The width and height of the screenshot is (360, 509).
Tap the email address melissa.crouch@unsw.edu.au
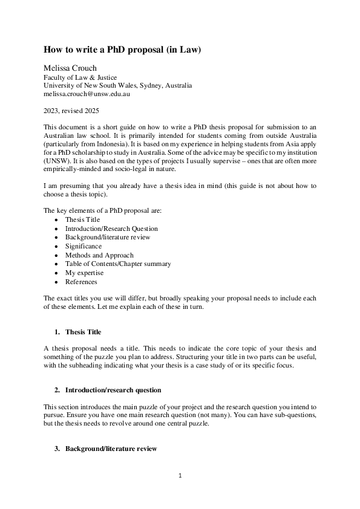click(x=87, y=94)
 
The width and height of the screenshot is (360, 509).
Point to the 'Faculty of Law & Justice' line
click(x=80, y=77)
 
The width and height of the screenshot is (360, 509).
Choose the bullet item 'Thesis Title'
click(x=82, y=219)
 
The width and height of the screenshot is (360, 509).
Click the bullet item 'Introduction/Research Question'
click(x=111, y=229)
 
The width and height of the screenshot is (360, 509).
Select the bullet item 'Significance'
click(x=83, y=246)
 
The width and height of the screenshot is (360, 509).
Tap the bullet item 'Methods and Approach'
click(x=99, y=255)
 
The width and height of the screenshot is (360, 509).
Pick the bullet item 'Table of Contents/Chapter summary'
click(x=118, y=264)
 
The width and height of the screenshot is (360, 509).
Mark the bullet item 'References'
click(x=81, y=282)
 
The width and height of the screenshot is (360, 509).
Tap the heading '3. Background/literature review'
click(x=111, y=449)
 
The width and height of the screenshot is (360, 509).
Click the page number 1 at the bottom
click(x=180, y=475)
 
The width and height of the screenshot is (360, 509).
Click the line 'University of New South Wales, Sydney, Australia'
click(x=117, y=85)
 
